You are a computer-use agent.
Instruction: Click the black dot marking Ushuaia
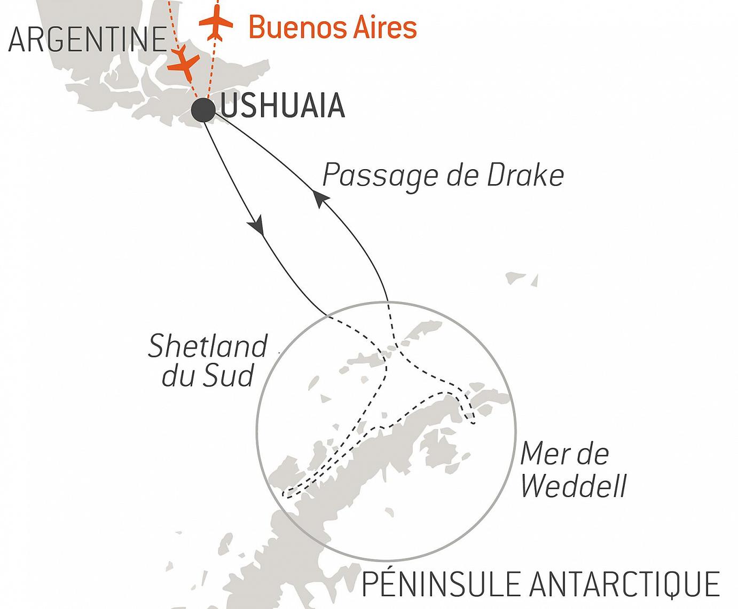coord(203,109)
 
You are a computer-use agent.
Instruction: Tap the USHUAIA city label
coord(282,106)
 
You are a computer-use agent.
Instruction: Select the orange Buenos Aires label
coord(332,27)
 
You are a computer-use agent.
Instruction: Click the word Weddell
coord(573,486)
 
